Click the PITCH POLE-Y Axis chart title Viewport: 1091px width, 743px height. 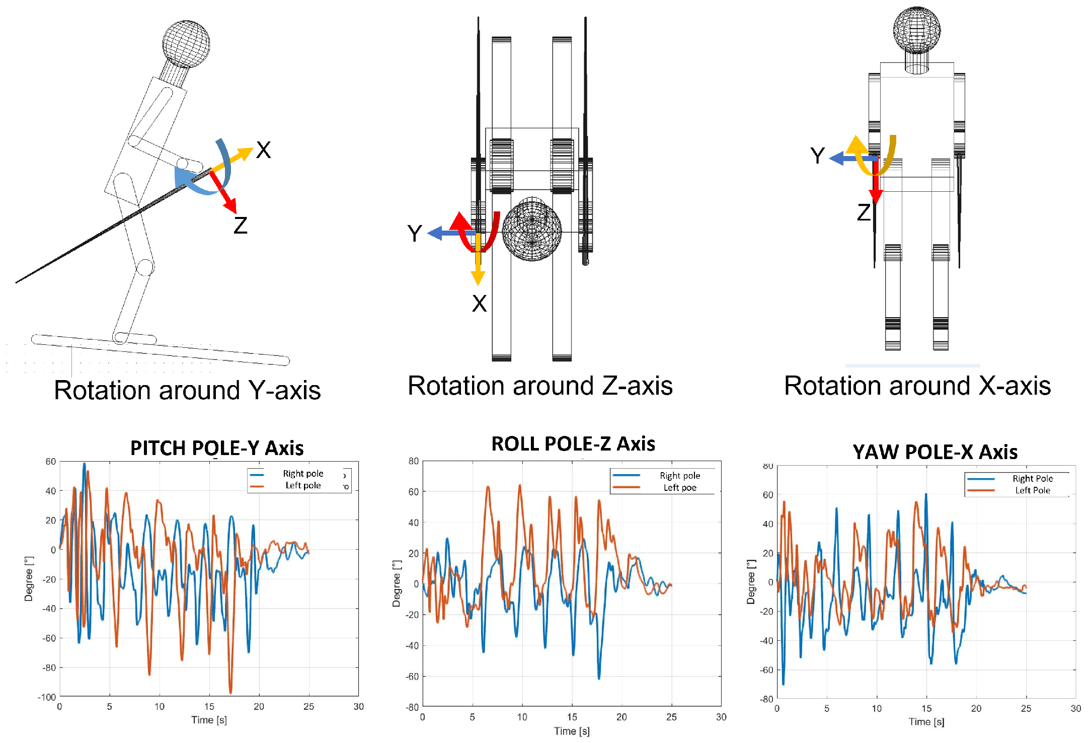[217, 448]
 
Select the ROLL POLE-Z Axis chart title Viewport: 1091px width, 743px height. [573, 444]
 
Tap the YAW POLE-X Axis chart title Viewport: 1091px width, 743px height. [935, 452]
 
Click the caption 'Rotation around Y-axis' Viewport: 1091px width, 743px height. [187, 390]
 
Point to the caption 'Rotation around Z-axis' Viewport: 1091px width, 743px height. [540, 386]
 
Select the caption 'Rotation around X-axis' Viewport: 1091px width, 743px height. [917, 386]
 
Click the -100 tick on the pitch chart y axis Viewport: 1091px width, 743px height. [47, 697]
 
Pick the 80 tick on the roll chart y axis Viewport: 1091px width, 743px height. [414, 461]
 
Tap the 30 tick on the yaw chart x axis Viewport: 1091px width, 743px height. [1075, 709]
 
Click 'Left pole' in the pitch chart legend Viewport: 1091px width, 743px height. [303, 485]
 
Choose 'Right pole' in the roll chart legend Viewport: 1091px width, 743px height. [680, 476]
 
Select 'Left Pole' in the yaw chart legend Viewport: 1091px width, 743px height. [1033, 490]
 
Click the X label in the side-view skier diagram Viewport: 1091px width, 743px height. [264, 150]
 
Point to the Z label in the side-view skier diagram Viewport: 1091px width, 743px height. [241, 226]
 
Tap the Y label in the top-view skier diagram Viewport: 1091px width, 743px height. [414, 234]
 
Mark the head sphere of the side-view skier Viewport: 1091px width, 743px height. [186, 44]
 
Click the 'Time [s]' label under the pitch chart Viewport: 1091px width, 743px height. [209, 720]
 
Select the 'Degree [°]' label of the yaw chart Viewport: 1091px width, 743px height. [751, 581]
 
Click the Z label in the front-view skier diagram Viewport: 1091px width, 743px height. [864, 212]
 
